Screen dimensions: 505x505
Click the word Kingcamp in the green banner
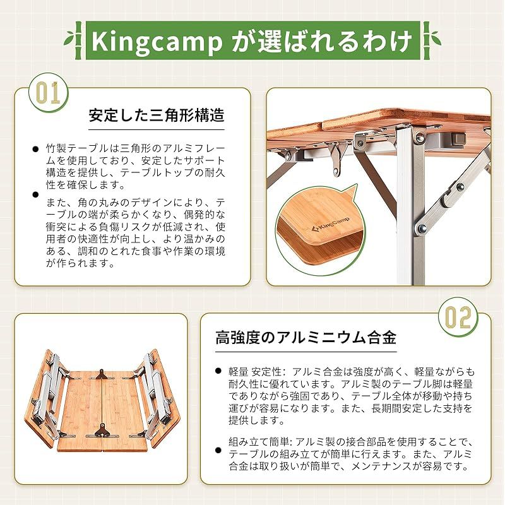(x=156, y=42)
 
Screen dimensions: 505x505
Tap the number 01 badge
(x=49, y=93)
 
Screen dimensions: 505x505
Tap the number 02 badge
(x=456, y=317)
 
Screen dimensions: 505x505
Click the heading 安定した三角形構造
(x=157, y=117)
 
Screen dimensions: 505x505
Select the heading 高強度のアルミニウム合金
(x=306, y=338)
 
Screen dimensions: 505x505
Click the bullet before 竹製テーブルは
(x=35, y=150)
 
